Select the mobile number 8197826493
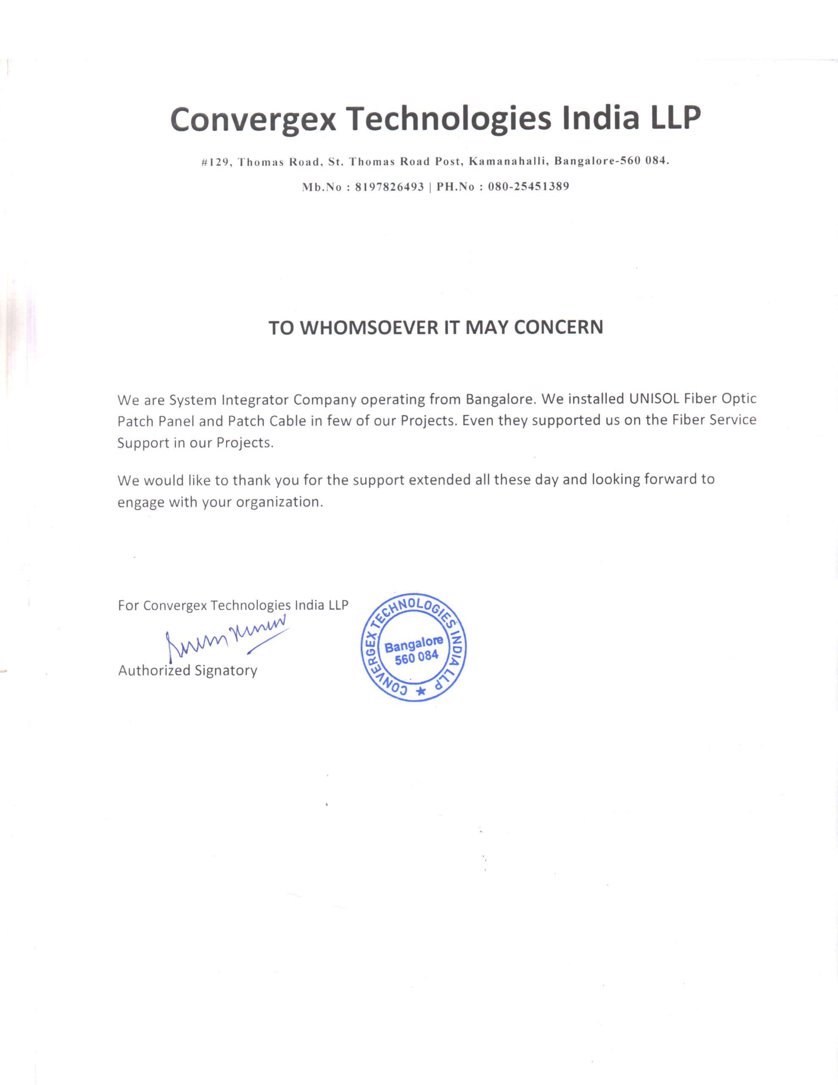point(390,187)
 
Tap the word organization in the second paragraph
point(280,502)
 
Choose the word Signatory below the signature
point(226,670)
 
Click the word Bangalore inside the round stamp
point(413,645)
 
